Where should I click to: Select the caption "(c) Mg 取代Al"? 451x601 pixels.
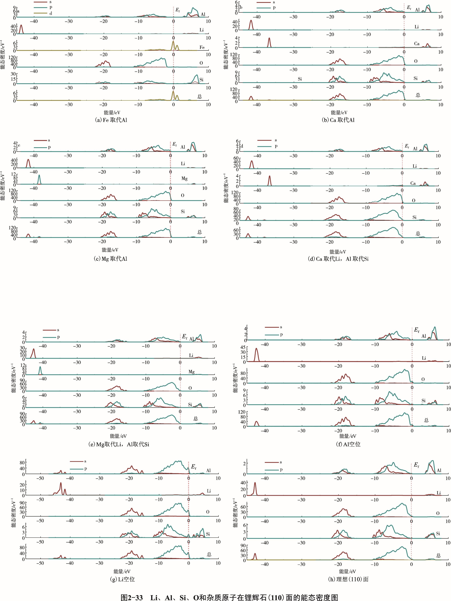[110, 259]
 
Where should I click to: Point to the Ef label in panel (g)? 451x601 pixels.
[194, 467]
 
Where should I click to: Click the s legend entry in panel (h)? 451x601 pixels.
[280, 462]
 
